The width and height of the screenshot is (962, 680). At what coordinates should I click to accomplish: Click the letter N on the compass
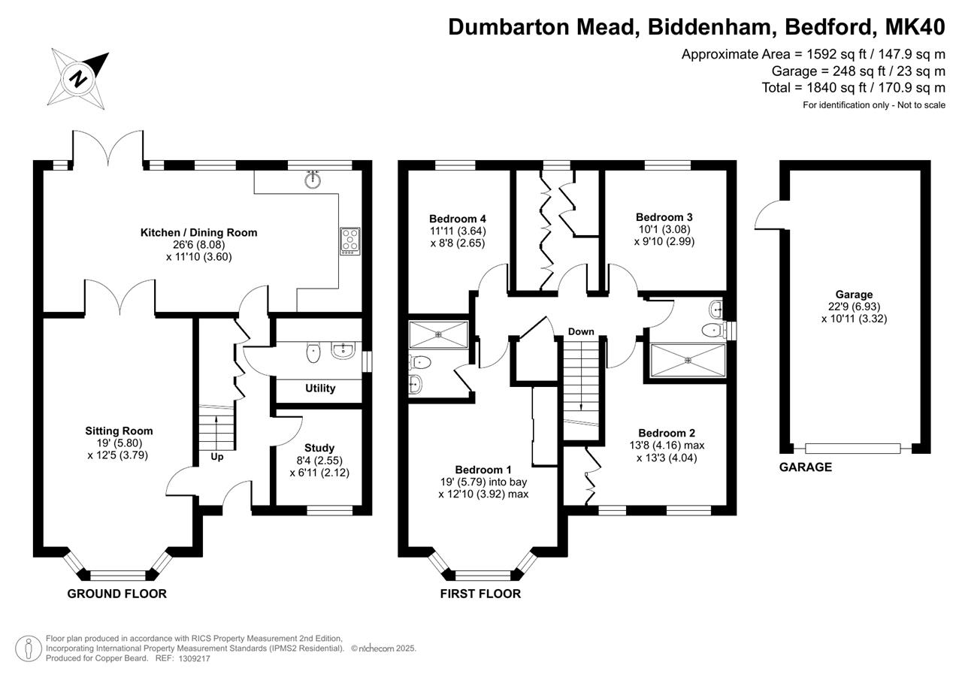tap(77, 79)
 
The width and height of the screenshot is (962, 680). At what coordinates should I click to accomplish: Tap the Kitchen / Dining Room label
tap(199, 233)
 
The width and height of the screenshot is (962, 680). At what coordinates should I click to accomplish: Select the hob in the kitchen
tap(349, 241)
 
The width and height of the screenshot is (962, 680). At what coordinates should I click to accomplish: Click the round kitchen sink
tap(313, 180)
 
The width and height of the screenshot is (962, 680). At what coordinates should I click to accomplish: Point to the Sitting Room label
tap(119, 431)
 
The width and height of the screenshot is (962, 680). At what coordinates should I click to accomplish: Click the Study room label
tap(319, 448)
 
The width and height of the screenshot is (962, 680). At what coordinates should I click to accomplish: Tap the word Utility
tap(320, 388)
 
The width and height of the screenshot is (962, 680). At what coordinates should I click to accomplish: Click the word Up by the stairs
tap(217, 457)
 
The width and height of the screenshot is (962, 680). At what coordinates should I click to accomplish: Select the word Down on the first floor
tap(581, 331)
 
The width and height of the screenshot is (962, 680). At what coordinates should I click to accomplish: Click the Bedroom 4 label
tap(458, 219)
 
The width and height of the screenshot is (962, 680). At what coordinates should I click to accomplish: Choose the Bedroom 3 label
tap(664, 217)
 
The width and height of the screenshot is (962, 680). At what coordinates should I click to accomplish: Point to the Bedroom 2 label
tap(667, 433)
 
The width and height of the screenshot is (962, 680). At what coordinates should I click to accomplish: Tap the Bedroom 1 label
tap(483, 470)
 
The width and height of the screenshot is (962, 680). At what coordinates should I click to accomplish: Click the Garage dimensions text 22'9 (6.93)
tap(855, 307)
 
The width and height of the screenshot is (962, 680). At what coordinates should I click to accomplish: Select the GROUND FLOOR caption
tap(116, 594)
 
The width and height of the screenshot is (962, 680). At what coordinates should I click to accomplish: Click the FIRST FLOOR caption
tap(480, 594)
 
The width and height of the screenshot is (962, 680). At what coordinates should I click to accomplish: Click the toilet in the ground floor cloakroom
tap(313, 353)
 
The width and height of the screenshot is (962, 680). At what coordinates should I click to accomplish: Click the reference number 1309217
tap(195, 658)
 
